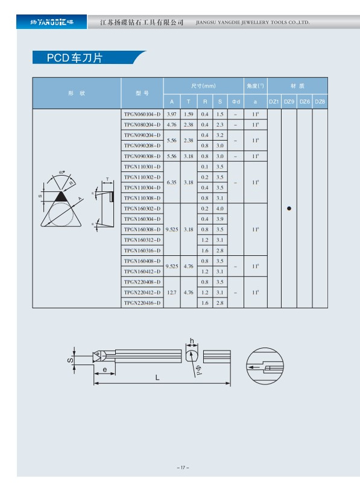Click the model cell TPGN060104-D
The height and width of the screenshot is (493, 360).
coord(142,114)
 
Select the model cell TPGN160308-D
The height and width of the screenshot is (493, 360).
coord(142,229)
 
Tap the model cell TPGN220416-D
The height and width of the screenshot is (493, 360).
coord(142,303)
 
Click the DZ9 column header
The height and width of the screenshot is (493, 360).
coord(289,101)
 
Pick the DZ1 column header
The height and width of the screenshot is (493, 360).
coord(274,101)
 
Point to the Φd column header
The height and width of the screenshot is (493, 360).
coord(236,101)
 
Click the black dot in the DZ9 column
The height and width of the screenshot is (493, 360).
coord(289,208)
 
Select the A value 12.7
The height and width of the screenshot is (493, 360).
coord(172,293)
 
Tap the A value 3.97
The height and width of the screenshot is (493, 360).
coord(172,114)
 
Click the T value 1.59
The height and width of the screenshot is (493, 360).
coord(189,114)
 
